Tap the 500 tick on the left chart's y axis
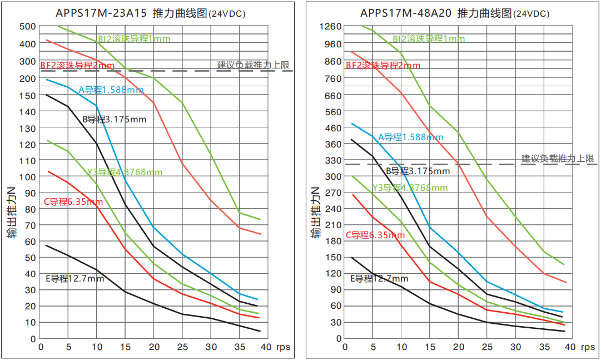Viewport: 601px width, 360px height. (x=28, y=26)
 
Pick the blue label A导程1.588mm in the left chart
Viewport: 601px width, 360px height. (x=111, y=90)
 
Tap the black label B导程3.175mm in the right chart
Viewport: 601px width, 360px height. (x=418, y=171)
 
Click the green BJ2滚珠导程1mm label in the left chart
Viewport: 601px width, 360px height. (x=134, y=39)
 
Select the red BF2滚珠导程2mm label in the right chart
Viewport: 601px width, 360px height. (x=383, y=66)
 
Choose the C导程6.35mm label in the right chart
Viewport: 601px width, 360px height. (x=375, y=235)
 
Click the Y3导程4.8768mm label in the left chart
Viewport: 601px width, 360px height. (x=125, y=172)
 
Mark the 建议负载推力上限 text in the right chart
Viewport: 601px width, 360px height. (x=557, y=159)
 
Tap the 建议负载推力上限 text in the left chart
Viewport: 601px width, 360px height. (x=253, y=65)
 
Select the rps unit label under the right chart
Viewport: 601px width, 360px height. (x=588, y=347)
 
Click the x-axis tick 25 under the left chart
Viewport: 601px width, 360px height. (x=182, y=347)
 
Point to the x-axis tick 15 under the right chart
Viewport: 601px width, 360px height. (x=430, y=347)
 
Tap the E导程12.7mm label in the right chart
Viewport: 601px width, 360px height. (x=379, y=279)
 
